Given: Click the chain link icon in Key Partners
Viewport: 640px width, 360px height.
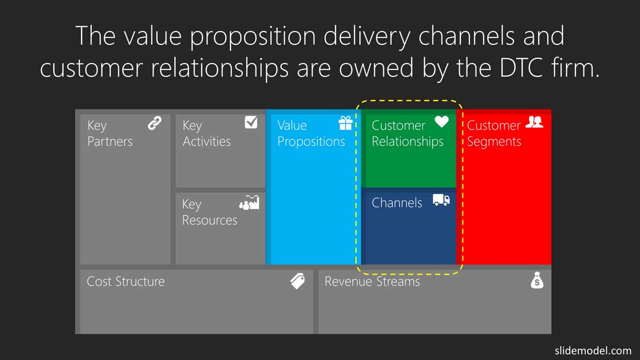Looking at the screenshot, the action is click(x=155, y=123).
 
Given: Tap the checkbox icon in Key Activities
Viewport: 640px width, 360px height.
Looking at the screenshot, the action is click(x=251, y=122).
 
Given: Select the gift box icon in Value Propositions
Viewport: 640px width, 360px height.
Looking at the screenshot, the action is click(x=346, y=123).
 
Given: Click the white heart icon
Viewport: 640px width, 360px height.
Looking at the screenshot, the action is click(x=442, y=122).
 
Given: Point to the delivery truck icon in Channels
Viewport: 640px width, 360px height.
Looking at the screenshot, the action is click(x=442, y=200).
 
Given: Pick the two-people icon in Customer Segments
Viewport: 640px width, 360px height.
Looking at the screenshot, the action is click(x=534, y=122).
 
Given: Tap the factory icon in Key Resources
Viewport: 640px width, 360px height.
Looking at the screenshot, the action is click(x=249, y=203).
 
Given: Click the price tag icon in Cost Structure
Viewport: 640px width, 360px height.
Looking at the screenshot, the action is click(x=298, y=281).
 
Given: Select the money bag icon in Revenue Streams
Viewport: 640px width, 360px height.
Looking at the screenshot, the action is click(x=537, y=281).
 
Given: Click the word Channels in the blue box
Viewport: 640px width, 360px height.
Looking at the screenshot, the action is click(x=397, y=203).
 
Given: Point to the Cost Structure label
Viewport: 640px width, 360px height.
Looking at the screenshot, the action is click(x=126, y=282).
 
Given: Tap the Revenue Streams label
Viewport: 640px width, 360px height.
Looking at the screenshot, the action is click(x=372, y=282).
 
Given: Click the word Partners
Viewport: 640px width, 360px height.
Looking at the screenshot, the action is click(x=110, y=141).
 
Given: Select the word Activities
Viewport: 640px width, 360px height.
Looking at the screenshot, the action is click(x=206, y=141).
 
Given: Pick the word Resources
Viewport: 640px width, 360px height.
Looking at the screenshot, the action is click(x=210, y=220).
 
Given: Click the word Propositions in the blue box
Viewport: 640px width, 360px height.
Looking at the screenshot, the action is click(x=311, y=142).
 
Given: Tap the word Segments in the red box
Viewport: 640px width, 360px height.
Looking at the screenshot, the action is click(x=494, y=142).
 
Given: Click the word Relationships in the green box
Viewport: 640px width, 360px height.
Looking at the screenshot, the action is click(x=407, y=142).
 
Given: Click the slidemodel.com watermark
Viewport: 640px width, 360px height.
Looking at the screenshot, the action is click(x=593, y=350).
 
